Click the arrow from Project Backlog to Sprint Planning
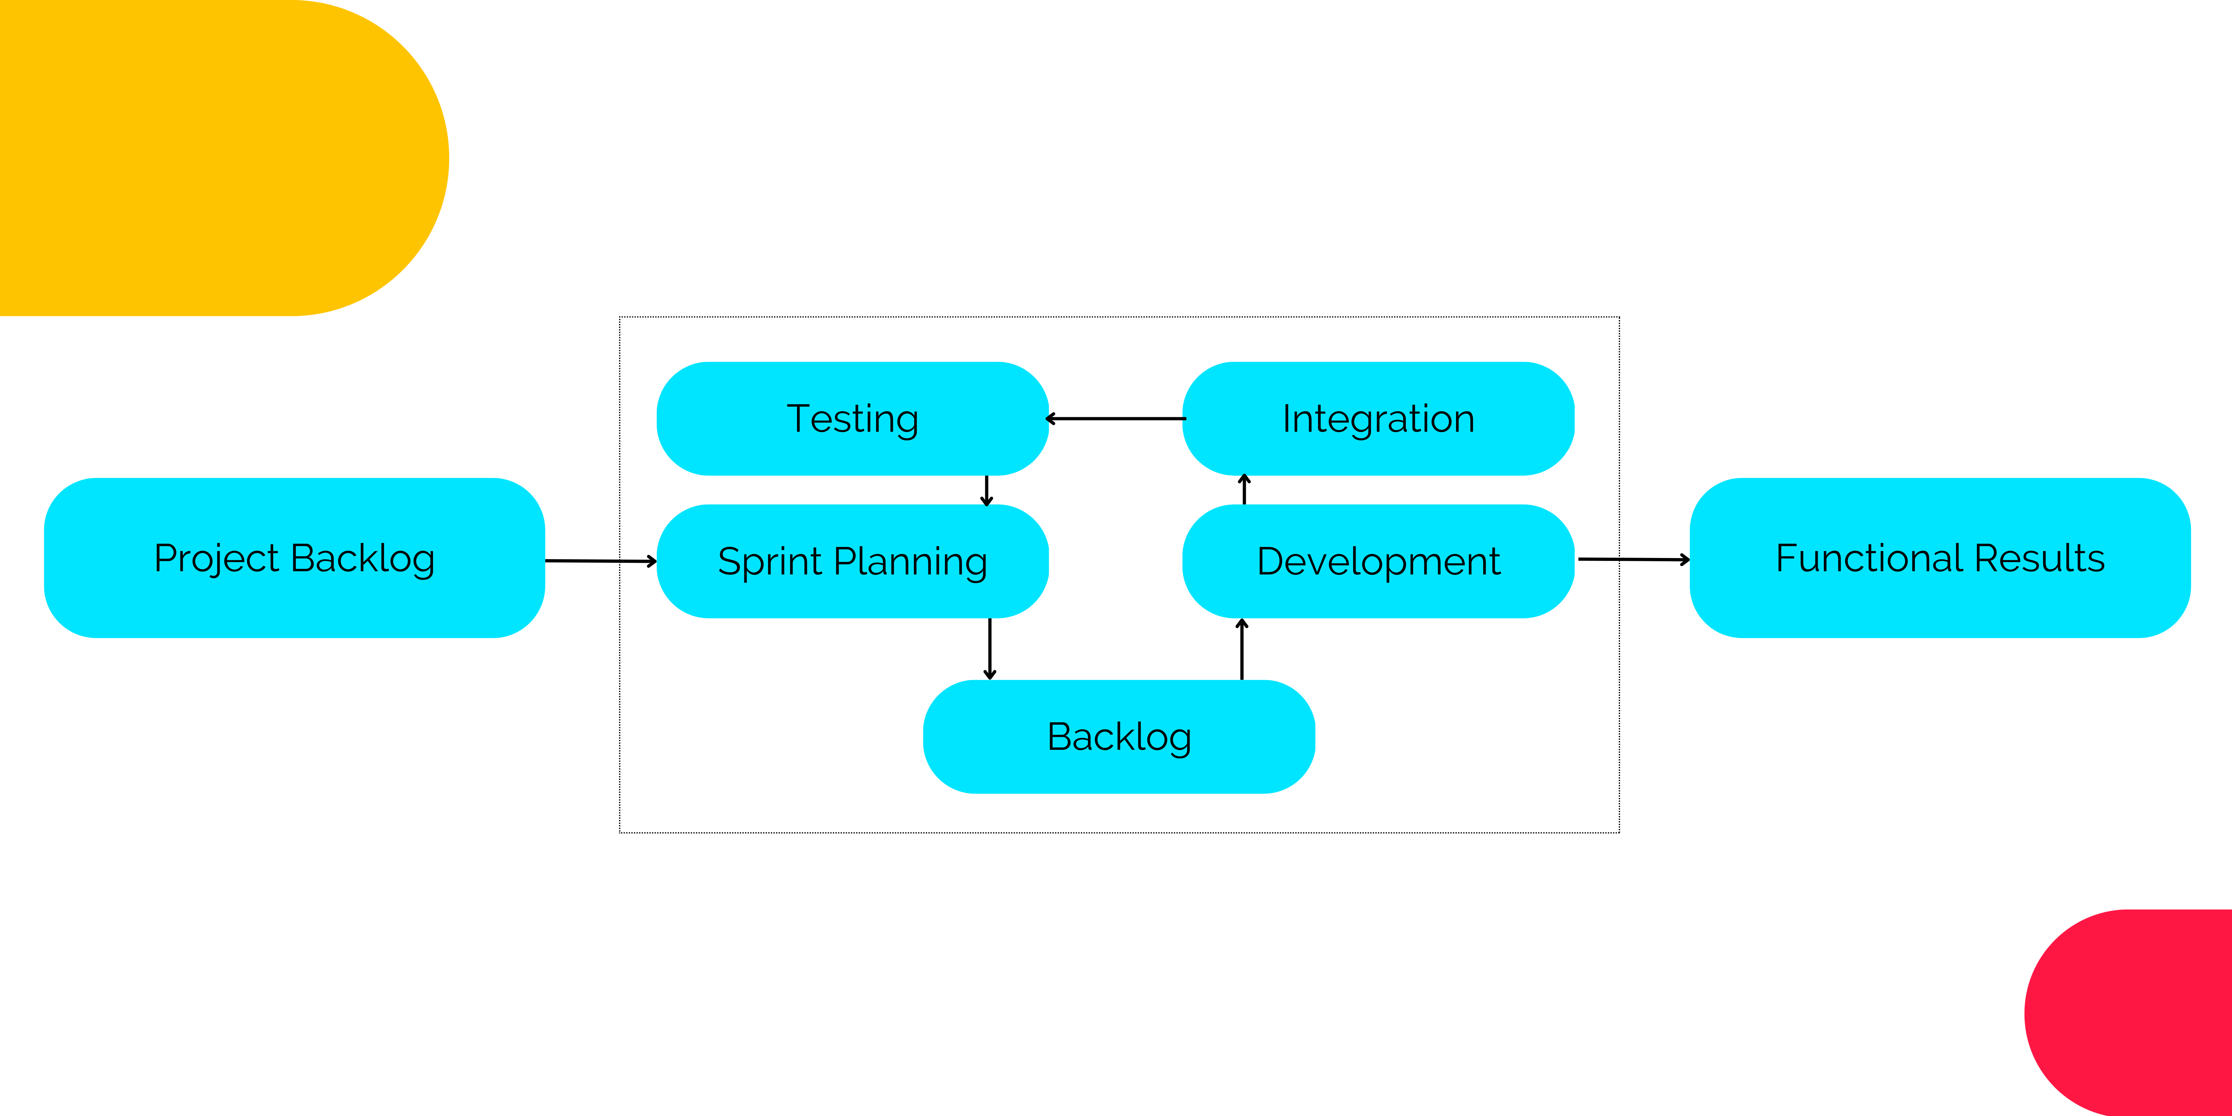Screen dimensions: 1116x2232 point(600,562)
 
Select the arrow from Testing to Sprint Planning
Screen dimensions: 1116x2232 point(987,491)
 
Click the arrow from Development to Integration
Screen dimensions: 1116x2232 point(1244,491)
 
